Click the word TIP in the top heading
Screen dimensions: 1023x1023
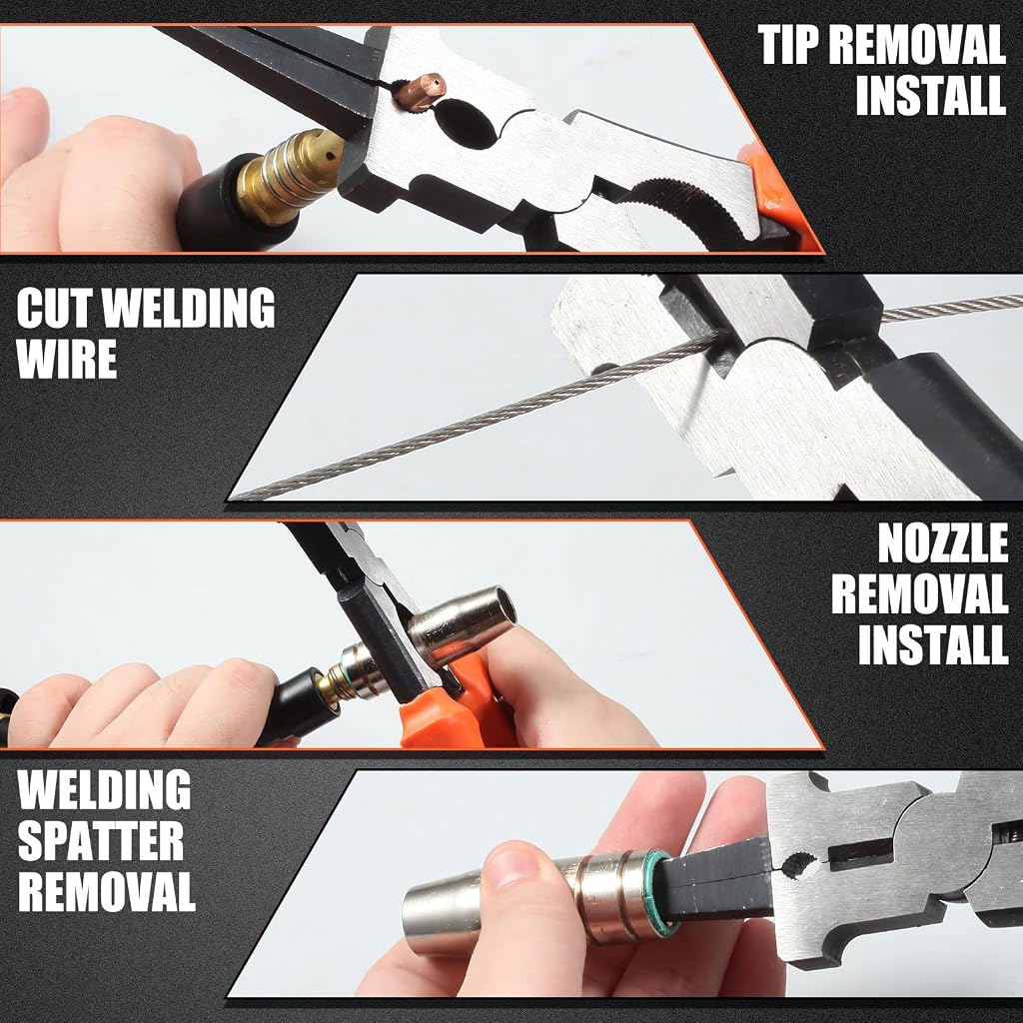(x=791, y=45)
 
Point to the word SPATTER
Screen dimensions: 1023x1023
(x=101, y=840)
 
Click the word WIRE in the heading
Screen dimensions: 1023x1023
(x=67, y=359)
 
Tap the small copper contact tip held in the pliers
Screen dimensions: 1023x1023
(x=421, y=90)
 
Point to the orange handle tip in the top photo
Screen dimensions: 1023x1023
(x=776, y=196)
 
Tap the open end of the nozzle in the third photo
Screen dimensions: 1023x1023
(x=504, y=606)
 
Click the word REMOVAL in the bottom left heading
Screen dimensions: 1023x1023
(x=106, y=890)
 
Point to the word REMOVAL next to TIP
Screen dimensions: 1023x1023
(x=920, y=45)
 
